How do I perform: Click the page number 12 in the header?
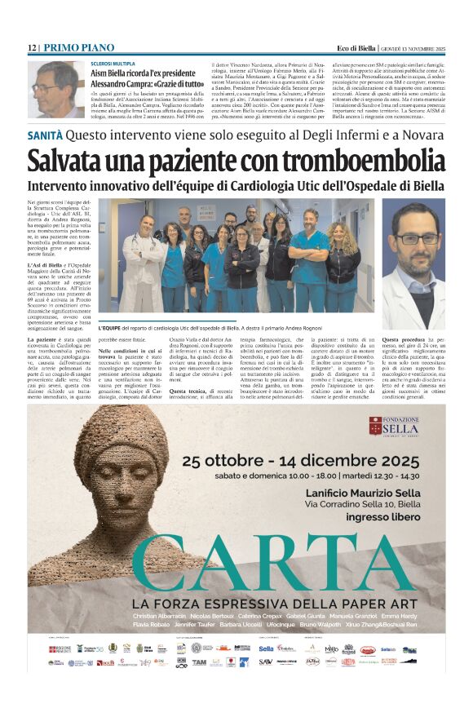[31, 48]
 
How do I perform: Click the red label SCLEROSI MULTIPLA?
[113, 63]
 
